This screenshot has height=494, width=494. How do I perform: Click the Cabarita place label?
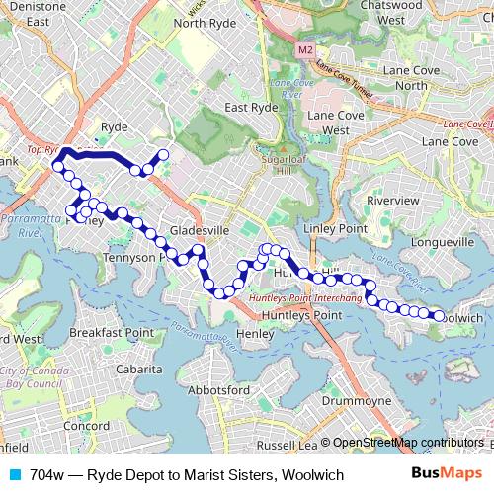(138, 369)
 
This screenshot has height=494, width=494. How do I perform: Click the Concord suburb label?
(87, 426)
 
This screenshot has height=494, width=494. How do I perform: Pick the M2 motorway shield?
(301, 46)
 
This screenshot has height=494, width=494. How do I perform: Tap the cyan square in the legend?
(13, 475)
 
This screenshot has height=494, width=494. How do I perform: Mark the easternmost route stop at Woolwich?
(438, 316)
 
